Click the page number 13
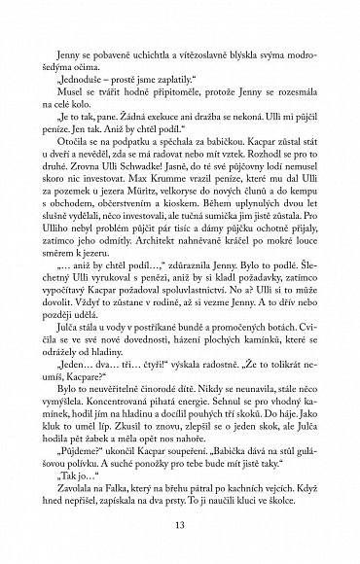click(x=180, y=526)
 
